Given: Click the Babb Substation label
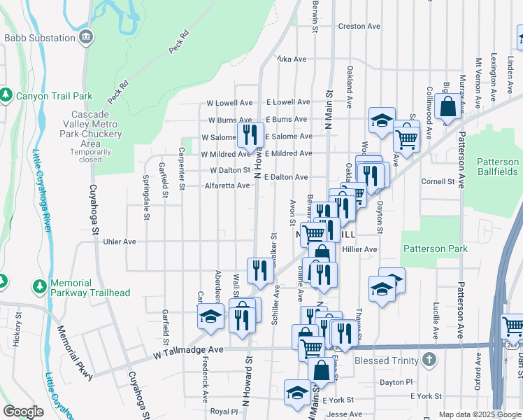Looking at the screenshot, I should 39,38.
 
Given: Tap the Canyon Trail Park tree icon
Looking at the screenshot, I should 7,94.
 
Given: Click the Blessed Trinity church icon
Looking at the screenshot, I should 429,361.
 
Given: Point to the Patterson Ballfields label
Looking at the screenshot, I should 498,167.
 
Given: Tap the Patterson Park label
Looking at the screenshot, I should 434,248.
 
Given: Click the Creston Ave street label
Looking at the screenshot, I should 359,26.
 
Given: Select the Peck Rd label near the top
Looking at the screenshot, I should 179,42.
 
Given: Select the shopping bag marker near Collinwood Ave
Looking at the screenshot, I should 448,107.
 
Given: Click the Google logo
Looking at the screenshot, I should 22,412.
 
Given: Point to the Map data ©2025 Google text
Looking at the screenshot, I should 479,414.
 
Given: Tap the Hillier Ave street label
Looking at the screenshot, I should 359,248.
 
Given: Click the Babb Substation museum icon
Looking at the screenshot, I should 86,38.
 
